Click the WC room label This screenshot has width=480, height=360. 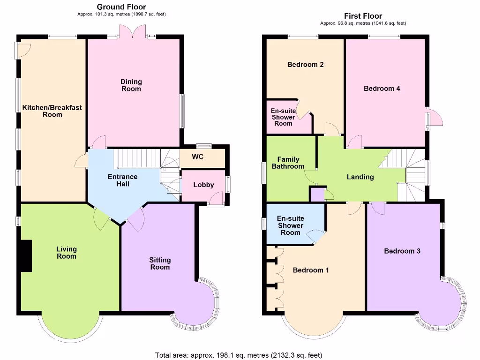coord(198,157)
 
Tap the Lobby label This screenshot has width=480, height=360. coord(203,185)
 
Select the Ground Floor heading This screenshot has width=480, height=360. coord(121,7)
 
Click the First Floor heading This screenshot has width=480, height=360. coord(363,16)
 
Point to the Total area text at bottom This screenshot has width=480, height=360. coord(239,355)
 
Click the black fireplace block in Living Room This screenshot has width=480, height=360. coord(26,255)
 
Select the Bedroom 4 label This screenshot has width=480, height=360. coord(382,88)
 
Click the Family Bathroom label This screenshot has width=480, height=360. coord(288,163)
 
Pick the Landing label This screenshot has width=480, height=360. coord(360,177)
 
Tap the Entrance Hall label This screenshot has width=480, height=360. coord(122,180)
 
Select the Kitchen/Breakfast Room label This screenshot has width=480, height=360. coord(52,111)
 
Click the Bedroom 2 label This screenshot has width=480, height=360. coord(305,65)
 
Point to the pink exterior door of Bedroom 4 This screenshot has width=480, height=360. coord(436,117)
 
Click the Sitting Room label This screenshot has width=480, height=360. coord(160,263)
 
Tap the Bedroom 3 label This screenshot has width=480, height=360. coord(402,251)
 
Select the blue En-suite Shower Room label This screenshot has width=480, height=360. coord(290,225)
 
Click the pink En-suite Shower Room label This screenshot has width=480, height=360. coord(283,117)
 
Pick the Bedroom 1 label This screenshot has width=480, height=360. coord(311,270)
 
